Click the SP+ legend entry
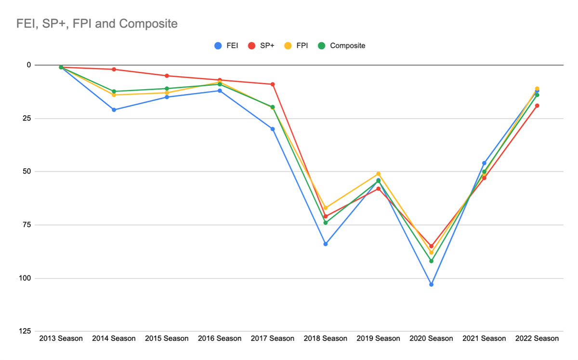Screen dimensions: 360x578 pyautogui.click(x=262, y=46)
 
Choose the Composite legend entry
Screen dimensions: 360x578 pyautogui.click(x=342, y=46)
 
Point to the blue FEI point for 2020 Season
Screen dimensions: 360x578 pyautogui.click(x=431, y=284)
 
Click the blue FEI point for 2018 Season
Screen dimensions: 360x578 pyautogui.click(x=326, y=244)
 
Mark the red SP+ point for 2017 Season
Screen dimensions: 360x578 pyautogui.click(x=273, y=84)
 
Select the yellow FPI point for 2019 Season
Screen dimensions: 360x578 pyautogui.click(x=378, y=173)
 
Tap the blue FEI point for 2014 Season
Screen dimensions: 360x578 pyautogui.click(x=114, y=110)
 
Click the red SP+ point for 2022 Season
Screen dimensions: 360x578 pyautogui.click(x=537, y=106)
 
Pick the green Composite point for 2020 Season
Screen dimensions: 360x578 pyautogui.click(x=431, y=261)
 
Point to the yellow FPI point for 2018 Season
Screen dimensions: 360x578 pyautogui.click(x=326, y=208)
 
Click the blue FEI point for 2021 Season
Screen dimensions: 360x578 pyautogui.click(x=484, y=163)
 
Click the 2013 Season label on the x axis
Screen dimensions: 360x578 pyautogui.click(x=61, y=338)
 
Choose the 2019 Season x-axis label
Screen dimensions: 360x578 pyautogui.click(x=378, y=338)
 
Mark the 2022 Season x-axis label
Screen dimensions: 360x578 pyautogui.click(x=537, y=338)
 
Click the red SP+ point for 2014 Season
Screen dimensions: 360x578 pyautogui.click(x=114, y=69)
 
